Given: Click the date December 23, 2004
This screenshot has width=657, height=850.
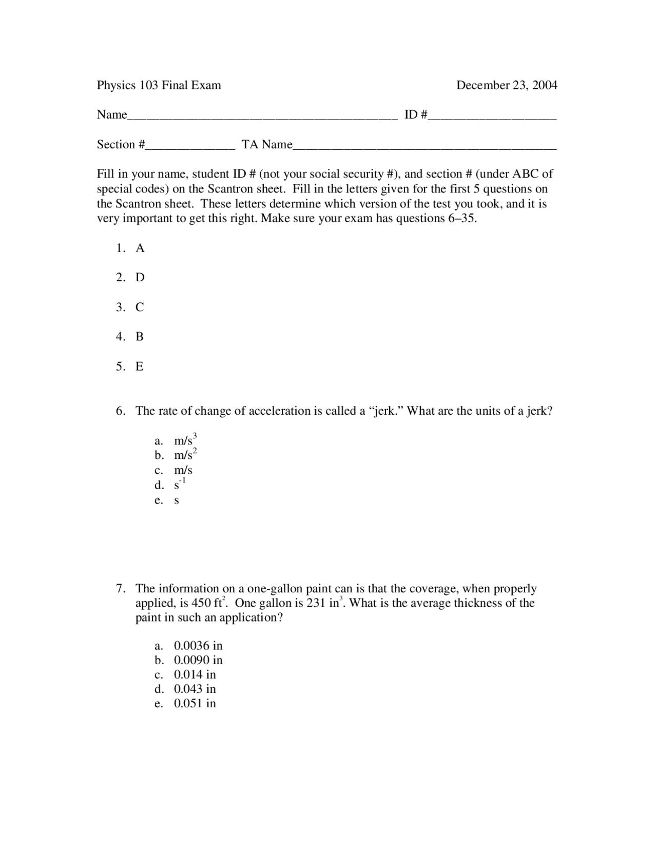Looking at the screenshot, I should (x=507, y=85).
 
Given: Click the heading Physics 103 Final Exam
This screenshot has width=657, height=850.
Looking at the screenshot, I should (x=159, y=85).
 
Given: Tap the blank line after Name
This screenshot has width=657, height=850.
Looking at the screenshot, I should (x=262, y=117).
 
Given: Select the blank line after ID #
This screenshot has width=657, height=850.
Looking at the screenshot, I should (x=492, y=117).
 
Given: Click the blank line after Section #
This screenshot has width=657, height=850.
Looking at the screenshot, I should (x=190, y=147).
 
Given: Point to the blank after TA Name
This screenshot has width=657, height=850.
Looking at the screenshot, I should (x=424, y=147).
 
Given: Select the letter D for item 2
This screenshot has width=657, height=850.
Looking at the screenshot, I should (x=140, y=278).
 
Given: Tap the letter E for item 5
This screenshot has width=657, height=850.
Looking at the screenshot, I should (x=140, y=366).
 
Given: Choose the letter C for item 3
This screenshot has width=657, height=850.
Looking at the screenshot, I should (x=140, y=307).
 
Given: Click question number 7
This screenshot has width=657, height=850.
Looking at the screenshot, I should (x=121, y=589).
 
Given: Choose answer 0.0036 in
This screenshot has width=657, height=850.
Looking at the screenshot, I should (x=198, y=646).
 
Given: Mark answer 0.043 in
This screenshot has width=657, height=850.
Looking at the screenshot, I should (x=195, y=689).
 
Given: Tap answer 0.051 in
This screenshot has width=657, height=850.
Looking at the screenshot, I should (x=195, y=704).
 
